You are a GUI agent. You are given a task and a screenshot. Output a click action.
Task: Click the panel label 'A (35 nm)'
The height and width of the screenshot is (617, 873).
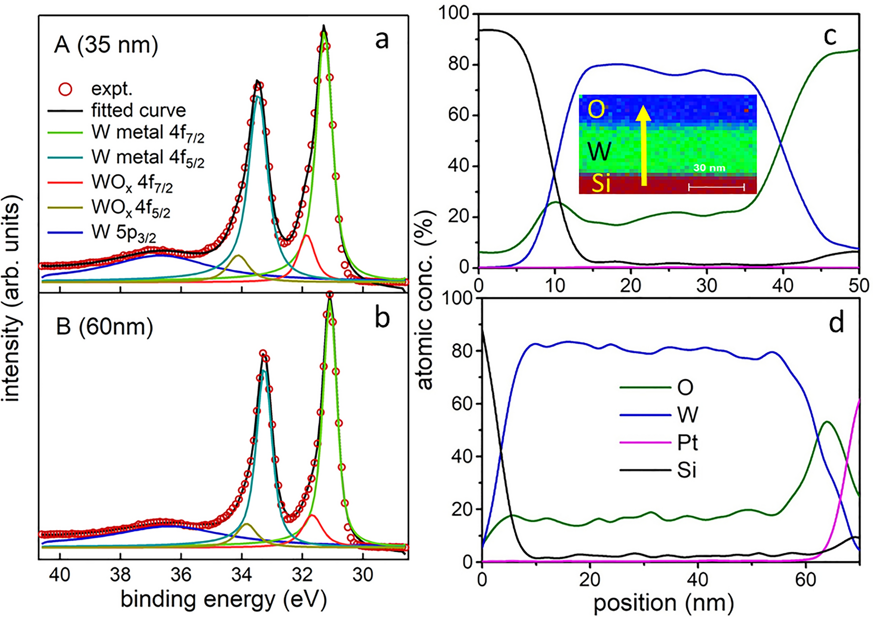point(106,45)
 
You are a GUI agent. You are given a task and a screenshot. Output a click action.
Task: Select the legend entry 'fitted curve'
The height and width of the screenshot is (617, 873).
point(138,110)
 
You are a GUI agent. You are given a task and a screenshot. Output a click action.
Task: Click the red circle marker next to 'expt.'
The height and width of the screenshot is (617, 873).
point(65,89)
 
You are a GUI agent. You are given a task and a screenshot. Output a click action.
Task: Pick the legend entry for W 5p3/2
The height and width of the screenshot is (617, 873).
point(123,233)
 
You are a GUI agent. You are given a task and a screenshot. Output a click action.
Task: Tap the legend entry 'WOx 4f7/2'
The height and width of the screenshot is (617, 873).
point(132,183)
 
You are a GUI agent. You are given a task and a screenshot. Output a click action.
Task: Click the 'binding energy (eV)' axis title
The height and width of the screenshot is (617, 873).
point(223,600)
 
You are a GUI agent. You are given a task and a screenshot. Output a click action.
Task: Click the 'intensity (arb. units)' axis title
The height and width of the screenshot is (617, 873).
point(12,298)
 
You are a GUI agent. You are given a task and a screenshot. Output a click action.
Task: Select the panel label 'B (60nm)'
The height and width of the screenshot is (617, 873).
point(105,327)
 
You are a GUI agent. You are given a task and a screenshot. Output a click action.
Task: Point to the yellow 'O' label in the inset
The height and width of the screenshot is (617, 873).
point(596,109)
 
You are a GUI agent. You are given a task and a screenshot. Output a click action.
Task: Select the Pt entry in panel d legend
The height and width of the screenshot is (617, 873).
point(687,443)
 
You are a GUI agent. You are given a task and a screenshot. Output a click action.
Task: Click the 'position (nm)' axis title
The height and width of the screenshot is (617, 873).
point(663,603)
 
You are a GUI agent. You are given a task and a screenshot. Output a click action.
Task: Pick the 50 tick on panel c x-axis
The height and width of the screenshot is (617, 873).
point(858,286)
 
